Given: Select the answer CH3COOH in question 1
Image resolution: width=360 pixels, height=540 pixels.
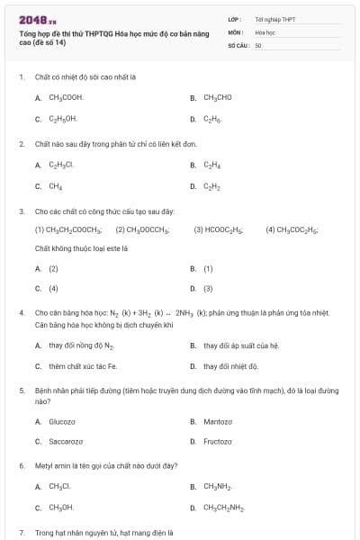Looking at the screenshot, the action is point(66,97).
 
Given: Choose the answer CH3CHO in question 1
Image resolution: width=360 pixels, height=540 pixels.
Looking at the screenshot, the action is point(218,97).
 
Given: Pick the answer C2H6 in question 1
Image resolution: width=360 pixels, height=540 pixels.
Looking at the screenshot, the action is point(211,118).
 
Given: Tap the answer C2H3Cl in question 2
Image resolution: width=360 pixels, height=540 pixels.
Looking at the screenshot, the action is point(61,165).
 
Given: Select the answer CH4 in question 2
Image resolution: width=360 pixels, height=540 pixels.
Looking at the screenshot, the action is point(56,186).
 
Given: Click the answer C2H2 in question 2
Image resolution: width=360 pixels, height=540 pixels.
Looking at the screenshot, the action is point(211,186).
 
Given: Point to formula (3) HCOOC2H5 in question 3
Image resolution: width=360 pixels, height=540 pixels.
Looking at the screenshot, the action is point(219,229).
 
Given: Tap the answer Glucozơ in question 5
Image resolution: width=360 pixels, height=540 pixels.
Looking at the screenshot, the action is point(62,420).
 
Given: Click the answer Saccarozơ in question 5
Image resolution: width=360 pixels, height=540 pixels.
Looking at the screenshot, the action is point(66,441).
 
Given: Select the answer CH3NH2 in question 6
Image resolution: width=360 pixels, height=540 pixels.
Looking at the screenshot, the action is point(218,486).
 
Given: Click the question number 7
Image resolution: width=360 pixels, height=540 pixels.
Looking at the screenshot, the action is point(21,533).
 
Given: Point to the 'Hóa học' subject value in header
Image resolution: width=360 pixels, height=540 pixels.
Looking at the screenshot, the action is point(265,31).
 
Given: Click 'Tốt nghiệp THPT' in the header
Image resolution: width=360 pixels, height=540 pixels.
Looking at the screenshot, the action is point(274,18).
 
